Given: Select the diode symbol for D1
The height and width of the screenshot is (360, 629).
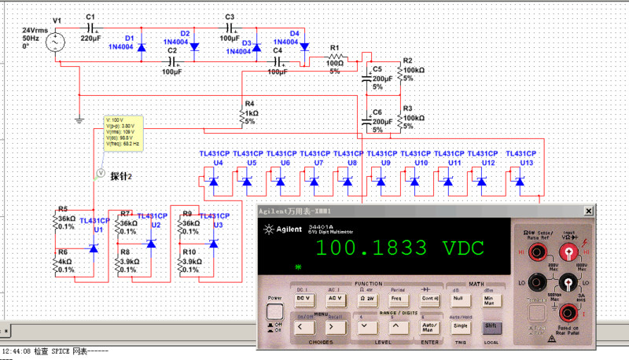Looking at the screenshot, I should pyautogui.click(x=142, y=47).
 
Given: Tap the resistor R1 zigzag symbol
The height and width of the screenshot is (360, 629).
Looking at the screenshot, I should pyautogui.click(x=336, y=57).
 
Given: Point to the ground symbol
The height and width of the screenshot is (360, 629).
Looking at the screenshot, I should pyautogui.click(x=79, y=120).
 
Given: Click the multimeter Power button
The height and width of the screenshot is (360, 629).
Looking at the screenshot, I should pyautogui.click(x=274, y=299).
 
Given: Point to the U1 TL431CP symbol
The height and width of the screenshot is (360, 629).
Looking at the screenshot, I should pyautogui.click(x=94, y=249).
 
